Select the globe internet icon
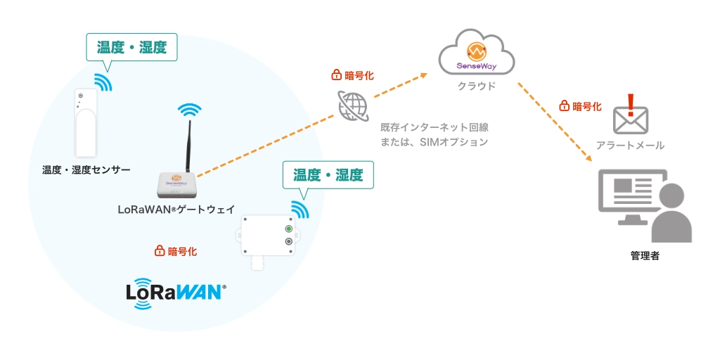(352, 106)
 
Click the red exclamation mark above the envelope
(631, 104)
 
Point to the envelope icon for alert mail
(630, 121)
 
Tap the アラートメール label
(630, 145)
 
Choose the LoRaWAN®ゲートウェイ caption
(176, 209)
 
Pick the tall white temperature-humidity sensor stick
(86, 123)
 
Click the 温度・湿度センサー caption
(86, 169)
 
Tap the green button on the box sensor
(288, 229)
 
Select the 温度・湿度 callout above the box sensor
(328, 175)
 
